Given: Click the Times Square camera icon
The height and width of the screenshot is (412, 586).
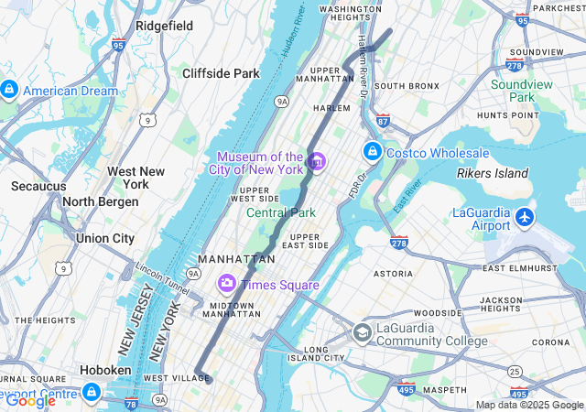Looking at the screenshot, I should tap(226, 285).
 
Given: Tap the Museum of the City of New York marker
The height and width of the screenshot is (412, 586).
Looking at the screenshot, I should tap(317, 162).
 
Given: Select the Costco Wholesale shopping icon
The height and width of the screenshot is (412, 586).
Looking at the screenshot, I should tap(373, 152).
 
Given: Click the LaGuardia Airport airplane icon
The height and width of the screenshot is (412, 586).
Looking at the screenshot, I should tap(524, 218).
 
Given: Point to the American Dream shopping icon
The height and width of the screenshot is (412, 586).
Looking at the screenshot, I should tap(9, 91).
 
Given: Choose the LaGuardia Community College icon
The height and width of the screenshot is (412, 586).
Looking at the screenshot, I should tap(363, 333).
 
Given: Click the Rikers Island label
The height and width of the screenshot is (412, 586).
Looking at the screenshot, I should tap(493, 173).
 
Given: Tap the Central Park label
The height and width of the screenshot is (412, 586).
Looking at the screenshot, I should tap(280, 212).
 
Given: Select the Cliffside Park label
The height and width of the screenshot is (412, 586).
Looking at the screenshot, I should tap(221, 73).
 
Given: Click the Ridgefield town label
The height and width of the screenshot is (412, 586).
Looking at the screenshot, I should tap(164, 26).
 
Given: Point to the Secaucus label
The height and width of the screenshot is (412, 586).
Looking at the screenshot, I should tap(38, 186).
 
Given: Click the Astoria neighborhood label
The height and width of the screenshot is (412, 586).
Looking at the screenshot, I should tap(394, 273).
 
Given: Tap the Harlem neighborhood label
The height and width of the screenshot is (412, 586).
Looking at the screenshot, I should tap(332, 107).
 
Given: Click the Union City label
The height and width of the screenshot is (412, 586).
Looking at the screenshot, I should tap(105, 238).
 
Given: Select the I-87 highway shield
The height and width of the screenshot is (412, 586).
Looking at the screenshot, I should tap(383, 119).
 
